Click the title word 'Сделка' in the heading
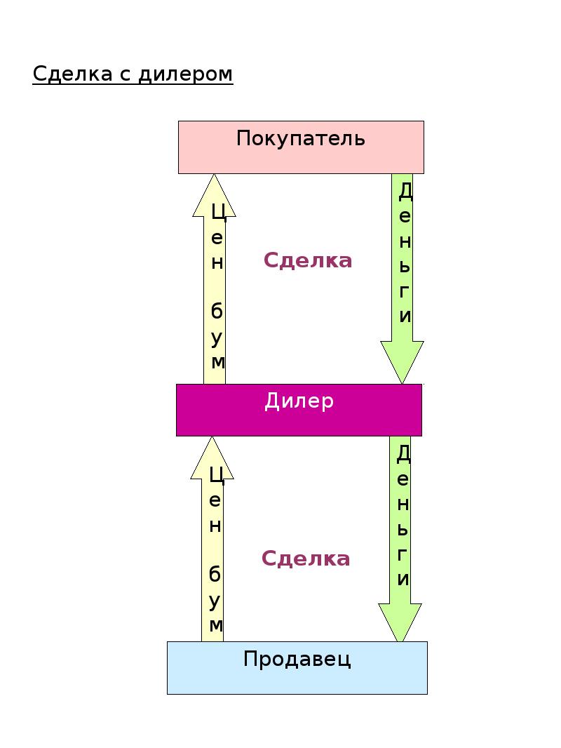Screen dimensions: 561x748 [x=72, y=74]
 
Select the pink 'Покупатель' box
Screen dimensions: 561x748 [x=301, y=147]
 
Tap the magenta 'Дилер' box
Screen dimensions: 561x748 [x=299, y=410]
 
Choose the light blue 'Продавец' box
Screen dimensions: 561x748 [x=297, y=667]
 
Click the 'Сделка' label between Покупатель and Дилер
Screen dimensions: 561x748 [x=307, y=260]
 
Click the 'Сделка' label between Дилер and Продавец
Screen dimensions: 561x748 [x=306, y=558]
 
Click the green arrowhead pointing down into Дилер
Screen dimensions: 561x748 [x=402, y=363]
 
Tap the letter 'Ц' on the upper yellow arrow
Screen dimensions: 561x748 [x=218, y=212]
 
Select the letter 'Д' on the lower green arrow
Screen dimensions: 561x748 [x=403, y=453]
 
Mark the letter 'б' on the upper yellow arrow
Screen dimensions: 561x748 [x=217, y=311]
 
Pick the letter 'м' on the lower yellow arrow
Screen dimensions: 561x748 [x=216, y=625]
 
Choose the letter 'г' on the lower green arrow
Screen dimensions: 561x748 [x=403, y=554]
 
